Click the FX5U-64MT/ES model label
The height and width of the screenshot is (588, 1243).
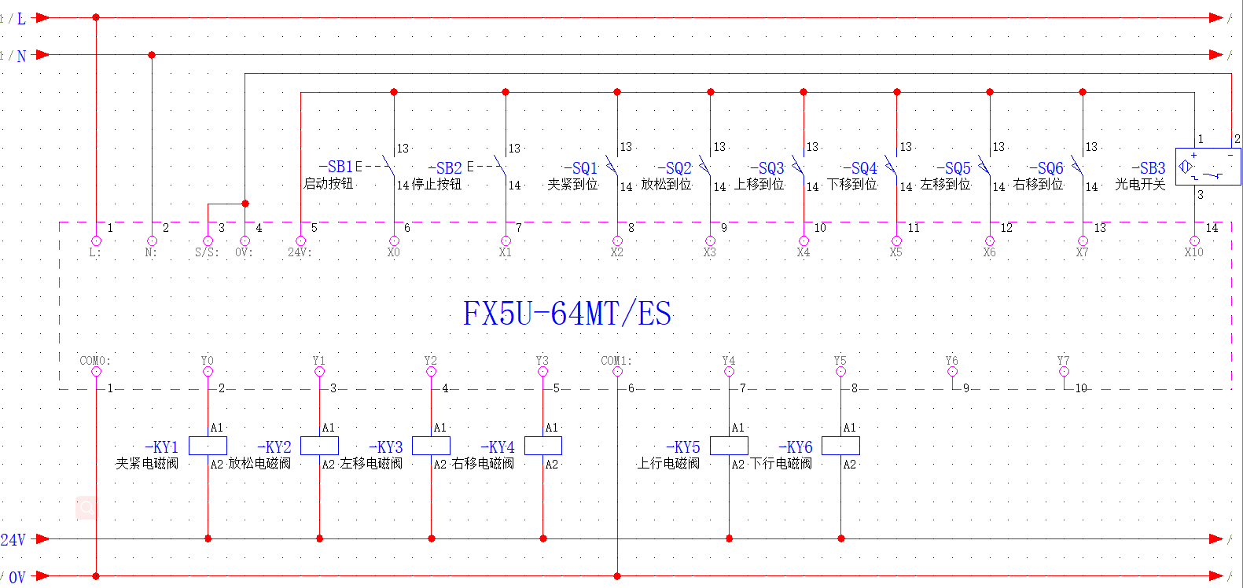(x=567, y=314)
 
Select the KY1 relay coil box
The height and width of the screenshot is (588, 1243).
(x=208, y=446)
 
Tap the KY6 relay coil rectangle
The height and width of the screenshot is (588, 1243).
(x=840, y=446)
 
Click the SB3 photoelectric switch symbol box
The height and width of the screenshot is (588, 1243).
(x=1208, y=167)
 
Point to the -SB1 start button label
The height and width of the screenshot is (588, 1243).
(x=336, y=167)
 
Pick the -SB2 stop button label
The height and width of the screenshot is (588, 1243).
(x=445, y=168)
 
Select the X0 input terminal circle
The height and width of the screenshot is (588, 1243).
(x=394, y=241)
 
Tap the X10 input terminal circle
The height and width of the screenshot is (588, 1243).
(x=1194, y=241)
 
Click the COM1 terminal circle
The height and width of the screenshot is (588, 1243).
(x=617, y=371)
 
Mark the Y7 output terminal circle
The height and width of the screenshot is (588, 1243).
(x=1064, y=371)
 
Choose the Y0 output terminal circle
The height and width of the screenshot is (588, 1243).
(x=208, y=371)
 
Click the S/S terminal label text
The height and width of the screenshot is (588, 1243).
(x=207, y=253)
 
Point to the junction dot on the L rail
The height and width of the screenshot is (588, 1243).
(x=96, y=17)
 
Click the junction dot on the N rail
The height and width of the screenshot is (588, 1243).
(x=152, y=55)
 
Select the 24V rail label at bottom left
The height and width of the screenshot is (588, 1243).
(x=13, y=539)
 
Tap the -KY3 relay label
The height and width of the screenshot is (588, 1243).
(x=386, y=447)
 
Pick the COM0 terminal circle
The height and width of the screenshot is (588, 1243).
(x=96, y=371)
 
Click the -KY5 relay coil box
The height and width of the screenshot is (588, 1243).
(x=729, y=446)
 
